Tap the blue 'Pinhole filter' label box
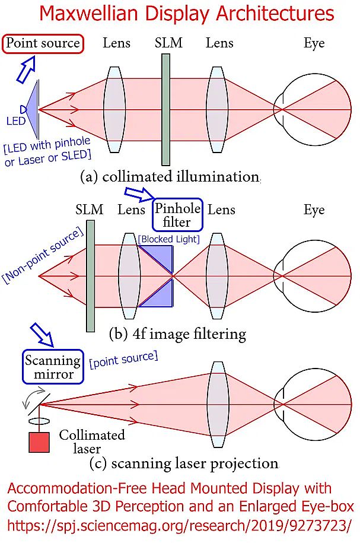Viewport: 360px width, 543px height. click(177, 215)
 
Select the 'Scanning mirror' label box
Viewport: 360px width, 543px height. click(53, 367)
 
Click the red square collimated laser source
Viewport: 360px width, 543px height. click(39, 443)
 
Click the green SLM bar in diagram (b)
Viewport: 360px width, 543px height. click(91, 276)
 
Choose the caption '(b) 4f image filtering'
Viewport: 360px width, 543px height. click(177, 334)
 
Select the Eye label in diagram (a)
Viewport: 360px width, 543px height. click(314, 43)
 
